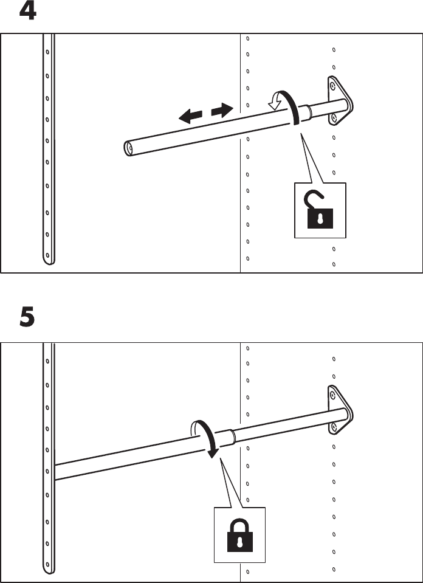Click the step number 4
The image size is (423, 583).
[x=27, y=12]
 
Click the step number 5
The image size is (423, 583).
[x=27, y=318]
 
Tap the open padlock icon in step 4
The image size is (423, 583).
[x=320, y=210]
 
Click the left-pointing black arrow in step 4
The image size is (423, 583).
[x=190, y=116]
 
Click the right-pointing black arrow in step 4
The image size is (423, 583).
[x=222, y=110]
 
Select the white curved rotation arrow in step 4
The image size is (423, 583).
[x=277, y=100]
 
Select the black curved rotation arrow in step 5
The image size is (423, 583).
[x=205, y=438]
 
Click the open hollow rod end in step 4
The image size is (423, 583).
[x=129, y=147]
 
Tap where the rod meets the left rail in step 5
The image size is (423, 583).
[x=55, y=471]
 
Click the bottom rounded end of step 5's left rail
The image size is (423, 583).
[x=49, y=569]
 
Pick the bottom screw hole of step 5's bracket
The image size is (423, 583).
[x=332, y=430]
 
